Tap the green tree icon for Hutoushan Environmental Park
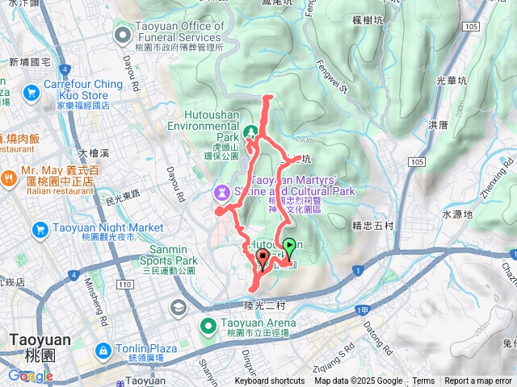(251, 131)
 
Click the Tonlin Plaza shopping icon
(104, 351)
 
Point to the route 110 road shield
(124, 285)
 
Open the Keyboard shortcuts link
(270, 381)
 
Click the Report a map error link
(479, 381)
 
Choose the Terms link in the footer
(423, 381)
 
